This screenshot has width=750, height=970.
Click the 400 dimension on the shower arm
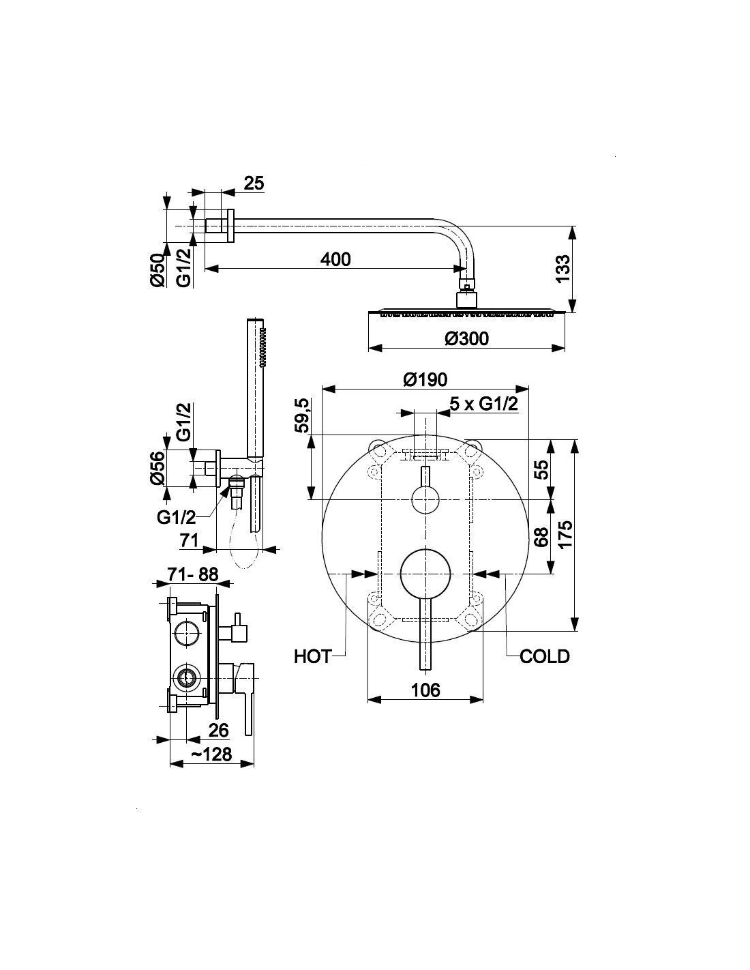pyautogui.click(x=335, y=259)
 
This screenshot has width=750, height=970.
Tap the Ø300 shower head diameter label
pyautogui.click(x=466, y=338)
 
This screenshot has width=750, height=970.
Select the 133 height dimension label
pyautogui.click(x=563, y=268)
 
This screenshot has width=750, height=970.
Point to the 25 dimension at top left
pyautogui.click(x=254, y=183)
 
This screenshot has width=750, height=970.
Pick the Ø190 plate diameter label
pyautogui.click(x=425, y=380)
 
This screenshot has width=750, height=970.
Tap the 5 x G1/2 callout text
pyautogui.click(x=483, y=405)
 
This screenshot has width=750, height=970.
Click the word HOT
pyautogui.click(x=312, y=657)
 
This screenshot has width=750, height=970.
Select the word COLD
pyautogui.click(x=545, y=657)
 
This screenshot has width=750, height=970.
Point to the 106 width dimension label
pyautogui.click(x=425, y=690)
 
